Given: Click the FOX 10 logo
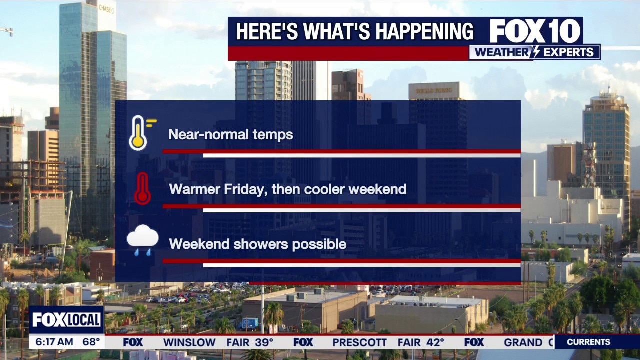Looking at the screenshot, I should (535, 31).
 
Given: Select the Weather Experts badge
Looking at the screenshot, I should (534, 52).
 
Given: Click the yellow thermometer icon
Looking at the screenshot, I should (139, 133).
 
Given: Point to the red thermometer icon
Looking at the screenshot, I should (142, 188).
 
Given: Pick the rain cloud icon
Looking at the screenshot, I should (142, 240).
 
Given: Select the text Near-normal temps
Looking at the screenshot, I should (230, 134).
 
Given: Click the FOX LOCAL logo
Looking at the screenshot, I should (66, 320).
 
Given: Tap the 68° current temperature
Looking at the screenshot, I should (91, 342).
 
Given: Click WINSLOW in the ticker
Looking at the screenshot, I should (189, 342).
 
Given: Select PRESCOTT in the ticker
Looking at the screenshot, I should (360, 342).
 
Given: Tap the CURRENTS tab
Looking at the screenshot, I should (588, 342).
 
